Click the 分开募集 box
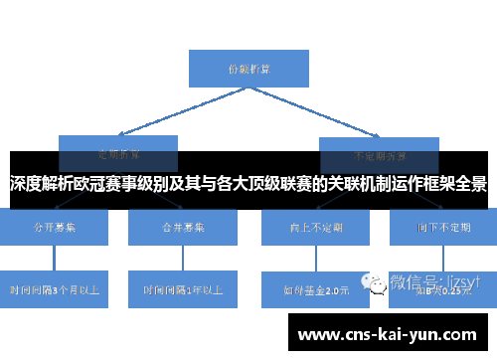coord(56,227)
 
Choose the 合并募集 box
coord(183,227)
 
